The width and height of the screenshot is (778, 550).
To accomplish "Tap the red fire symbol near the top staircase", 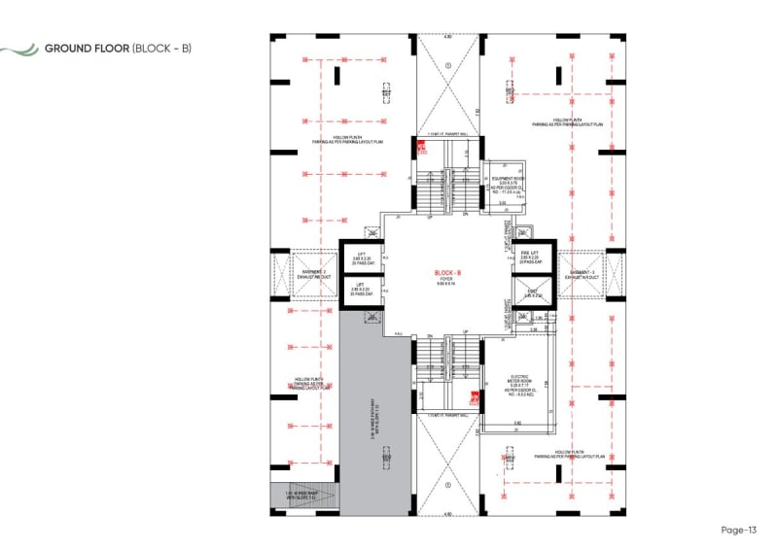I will point(422,149).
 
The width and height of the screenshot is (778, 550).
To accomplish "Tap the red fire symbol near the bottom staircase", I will point(474,395).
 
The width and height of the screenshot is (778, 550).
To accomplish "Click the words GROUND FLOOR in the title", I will point(87,48).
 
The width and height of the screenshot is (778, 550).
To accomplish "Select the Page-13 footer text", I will point(738,530).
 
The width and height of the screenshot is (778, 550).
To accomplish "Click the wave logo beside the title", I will point(20,48).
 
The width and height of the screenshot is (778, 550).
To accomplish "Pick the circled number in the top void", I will point(448,65).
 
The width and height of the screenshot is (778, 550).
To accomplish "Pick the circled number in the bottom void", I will point(448,482).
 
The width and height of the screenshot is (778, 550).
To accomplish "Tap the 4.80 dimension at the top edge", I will point(448,37).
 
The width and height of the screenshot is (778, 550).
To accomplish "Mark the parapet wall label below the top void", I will point(448,134).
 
